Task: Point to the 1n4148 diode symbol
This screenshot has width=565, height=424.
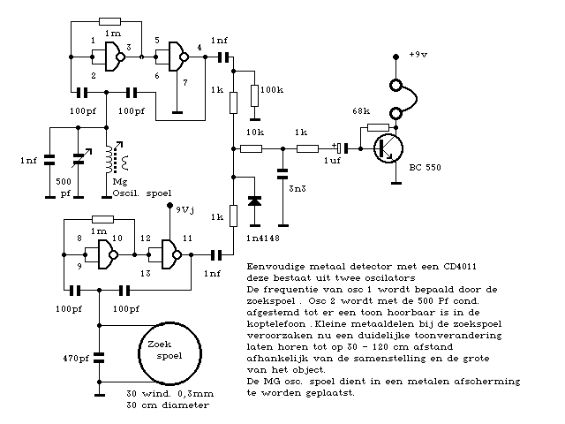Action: pos(255,201)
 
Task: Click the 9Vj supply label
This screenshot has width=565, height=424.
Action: pos(188,211)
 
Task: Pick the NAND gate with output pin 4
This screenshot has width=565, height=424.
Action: pos(177,59)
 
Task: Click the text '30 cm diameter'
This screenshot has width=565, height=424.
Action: pos(169,405)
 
